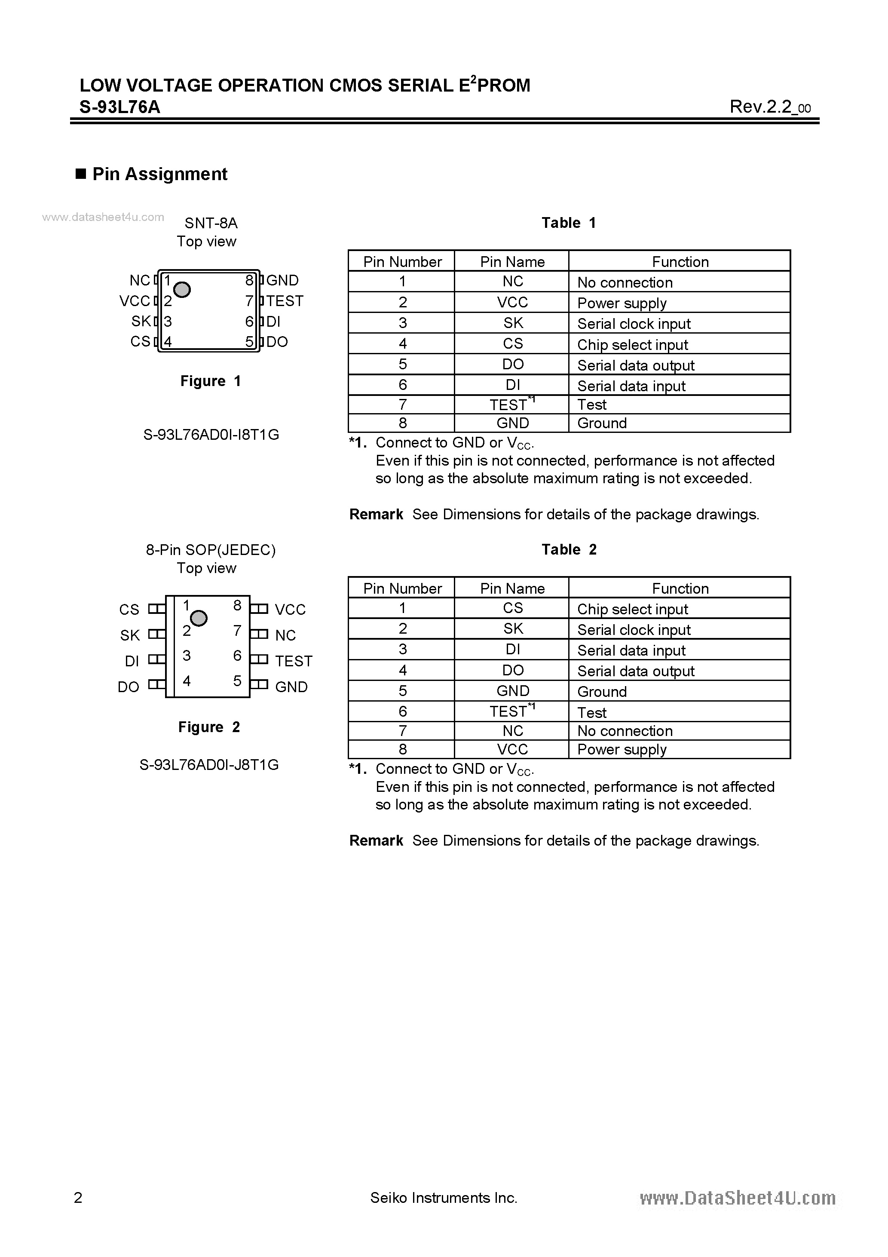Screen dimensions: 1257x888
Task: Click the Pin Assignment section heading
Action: coord(159,174)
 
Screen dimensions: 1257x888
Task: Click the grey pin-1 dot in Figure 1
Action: coord(182,290)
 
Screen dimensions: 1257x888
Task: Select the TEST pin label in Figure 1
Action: coord(285,300)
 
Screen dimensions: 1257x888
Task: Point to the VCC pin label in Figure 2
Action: coord(290,609)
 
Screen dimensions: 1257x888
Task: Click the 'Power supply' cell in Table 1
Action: coord(622,304)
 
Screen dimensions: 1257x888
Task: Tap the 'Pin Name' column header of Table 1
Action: coord(512,262)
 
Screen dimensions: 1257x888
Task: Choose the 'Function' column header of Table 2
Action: coord(680,588)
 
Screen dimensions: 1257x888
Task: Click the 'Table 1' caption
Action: coord(568,223)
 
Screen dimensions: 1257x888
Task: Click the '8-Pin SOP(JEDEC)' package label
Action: coord(211,550)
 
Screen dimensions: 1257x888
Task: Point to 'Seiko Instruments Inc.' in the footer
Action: coord(444,1198)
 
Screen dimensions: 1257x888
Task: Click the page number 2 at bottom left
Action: coord(78,1198)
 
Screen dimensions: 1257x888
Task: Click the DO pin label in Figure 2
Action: coord(129,687)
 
